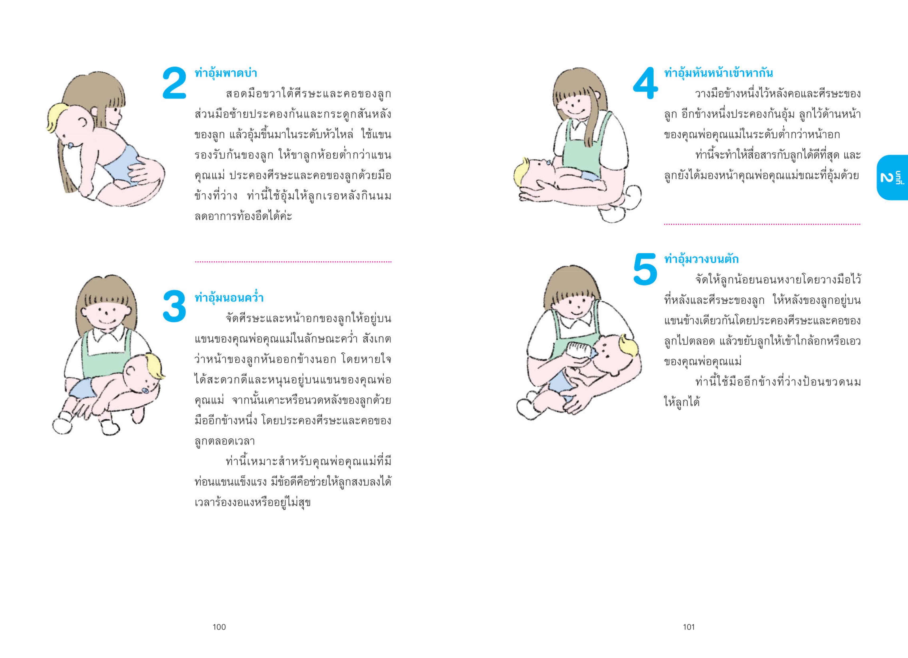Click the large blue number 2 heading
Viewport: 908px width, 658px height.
tap(175, 83)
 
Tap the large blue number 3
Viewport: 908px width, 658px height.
tap(175, 306)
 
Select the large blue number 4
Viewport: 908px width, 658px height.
tap(645, 83)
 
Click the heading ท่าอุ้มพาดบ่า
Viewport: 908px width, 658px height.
tap(225, 73)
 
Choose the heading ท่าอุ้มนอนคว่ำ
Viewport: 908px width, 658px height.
tap(229, 298)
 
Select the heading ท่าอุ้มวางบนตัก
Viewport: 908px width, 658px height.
tap(701, 259)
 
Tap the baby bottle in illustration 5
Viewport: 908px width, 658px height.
tap(580, 351)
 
